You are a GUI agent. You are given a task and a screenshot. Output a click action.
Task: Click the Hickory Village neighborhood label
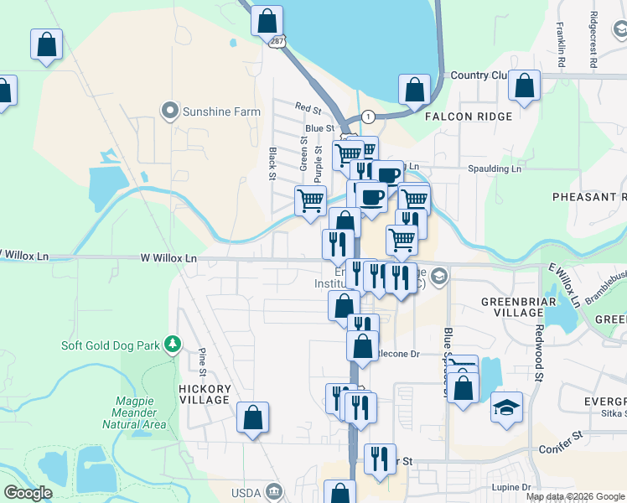[205, 394]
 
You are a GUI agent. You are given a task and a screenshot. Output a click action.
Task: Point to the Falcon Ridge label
[467, 117]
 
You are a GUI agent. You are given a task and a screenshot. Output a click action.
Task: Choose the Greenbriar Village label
[512, 306]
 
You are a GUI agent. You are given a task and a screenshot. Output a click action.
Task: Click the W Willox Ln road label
[168, 258]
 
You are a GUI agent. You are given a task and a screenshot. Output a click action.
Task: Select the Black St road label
[272, 163]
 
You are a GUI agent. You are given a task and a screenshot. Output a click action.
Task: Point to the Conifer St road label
[566, 437]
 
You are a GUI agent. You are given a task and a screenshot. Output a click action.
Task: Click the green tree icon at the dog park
[172, 344]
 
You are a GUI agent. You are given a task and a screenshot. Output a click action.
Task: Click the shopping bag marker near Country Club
[524, 85]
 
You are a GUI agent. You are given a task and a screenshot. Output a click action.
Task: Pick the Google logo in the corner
[28, 493]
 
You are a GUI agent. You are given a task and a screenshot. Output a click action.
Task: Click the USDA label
[249, 491]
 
